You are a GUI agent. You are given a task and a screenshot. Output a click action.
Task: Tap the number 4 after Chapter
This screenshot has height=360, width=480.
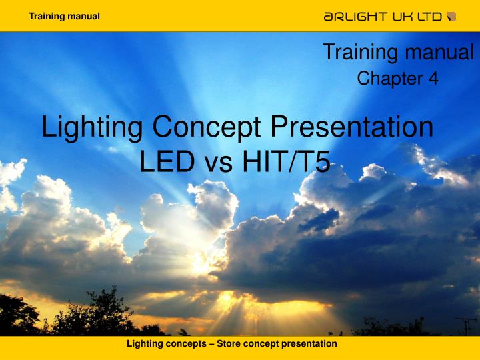(x=433, y=79)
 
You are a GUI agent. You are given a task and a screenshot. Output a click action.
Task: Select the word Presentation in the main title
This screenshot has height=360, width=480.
(x=353, y=127)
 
